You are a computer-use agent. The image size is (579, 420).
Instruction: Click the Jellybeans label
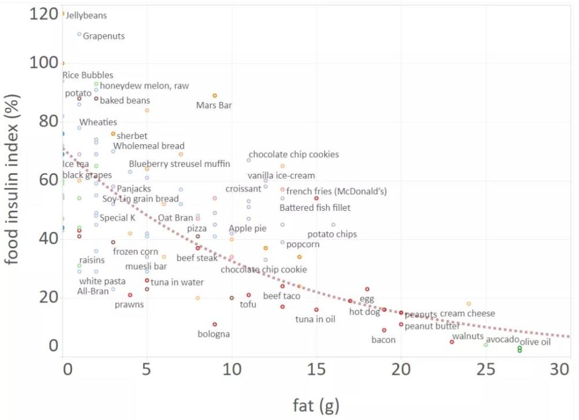tap(86, 16)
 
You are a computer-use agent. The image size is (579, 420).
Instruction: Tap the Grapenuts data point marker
tap(79, 34)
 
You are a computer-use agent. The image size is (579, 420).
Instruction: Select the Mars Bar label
tap(214, 105)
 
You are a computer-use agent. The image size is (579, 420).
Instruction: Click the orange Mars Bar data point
tap(215, 96)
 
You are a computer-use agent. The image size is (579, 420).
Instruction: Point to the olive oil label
tap(534, 342)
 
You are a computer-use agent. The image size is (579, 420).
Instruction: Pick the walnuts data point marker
tap(452, 342)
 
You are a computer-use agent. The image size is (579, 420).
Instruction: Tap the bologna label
tap(214, 334)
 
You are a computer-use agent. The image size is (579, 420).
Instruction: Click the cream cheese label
tap(467, 313)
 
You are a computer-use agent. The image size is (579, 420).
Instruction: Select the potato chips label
tap(332, 235)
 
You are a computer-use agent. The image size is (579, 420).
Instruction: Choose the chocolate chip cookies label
tap(294, 155)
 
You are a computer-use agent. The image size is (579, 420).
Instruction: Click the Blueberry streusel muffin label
tap(179, 164)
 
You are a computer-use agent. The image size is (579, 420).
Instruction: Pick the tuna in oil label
tap(315, 319)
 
